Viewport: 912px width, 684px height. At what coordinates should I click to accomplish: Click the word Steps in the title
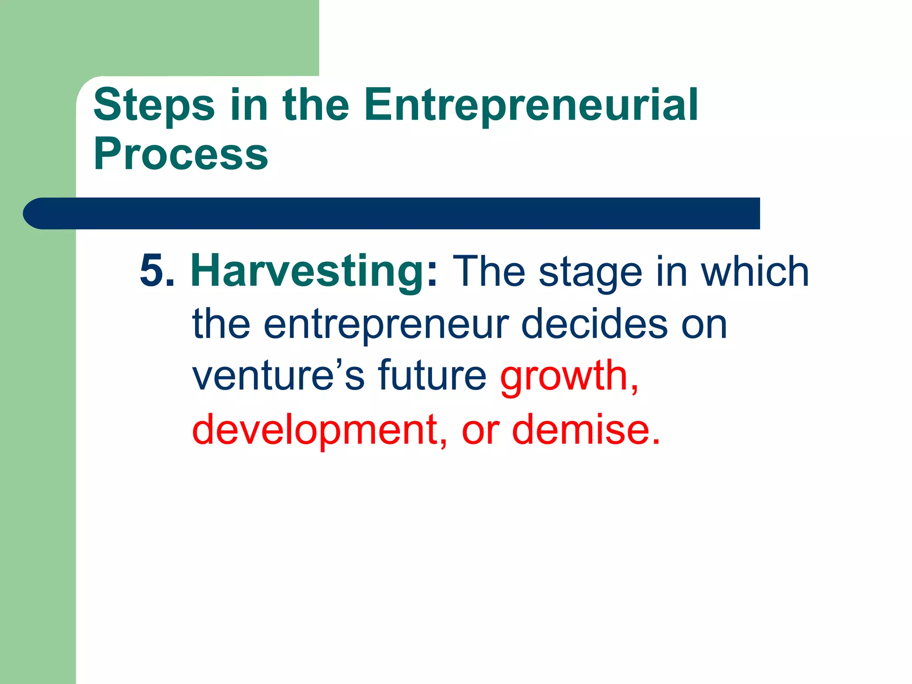point(154,106)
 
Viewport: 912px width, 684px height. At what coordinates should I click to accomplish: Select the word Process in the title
point(181,154)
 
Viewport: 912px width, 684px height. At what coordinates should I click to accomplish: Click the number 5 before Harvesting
point(152,271)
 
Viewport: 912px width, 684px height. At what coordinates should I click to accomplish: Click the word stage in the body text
point(590,273)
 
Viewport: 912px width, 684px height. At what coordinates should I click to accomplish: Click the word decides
point(594,324)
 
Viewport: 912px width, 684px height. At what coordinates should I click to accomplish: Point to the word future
point(432,375)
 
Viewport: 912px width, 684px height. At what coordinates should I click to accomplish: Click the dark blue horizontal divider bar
point(392,213)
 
